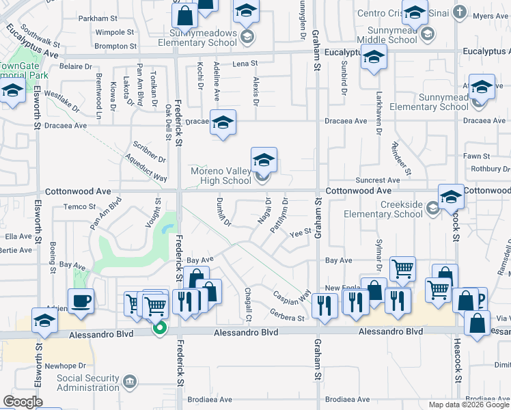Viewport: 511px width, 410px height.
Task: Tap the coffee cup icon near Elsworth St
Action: [81, 301]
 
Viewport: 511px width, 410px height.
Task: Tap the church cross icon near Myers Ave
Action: [461, 12]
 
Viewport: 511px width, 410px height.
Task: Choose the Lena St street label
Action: [244, 64]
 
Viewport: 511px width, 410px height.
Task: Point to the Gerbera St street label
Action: [287, 318]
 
